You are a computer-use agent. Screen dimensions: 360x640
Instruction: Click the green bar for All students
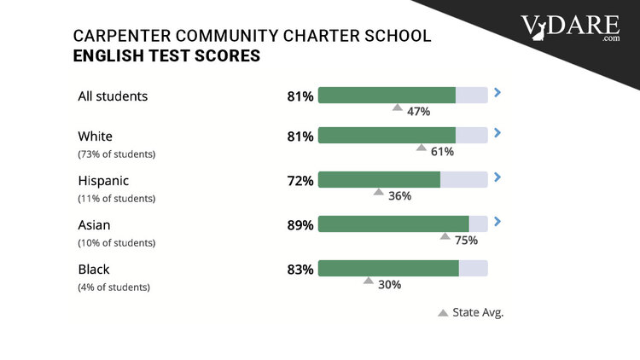[387, 96]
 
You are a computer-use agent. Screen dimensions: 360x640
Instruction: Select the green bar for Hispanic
[379, 180]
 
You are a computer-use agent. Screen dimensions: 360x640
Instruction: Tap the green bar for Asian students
[393, 224]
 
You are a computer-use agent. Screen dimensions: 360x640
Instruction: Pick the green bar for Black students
[388, 269]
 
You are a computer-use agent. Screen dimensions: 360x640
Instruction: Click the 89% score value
[300, 225]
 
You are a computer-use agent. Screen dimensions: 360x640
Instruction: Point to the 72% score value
[300, 181]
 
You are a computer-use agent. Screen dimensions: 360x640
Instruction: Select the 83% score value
[300, 270]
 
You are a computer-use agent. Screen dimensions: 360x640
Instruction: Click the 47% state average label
[418, 111]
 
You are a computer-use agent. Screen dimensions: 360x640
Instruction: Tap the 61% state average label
[442, 151]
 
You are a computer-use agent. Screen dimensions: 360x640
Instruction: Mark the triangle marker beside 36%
[379, 192]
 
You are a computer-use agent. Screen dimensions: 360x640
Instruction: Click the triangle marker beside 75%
[445, 236]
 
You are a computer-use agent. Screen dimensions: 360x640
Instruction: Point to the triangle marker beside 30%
[368, 280]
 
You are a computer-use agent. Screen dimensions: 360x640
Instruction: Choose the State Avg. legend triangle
[443, 313]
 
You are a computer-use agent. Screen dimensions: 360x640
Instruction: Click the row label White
[95, 136]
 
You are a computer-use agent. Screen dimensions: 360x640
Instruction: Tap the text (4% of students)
[113, 287]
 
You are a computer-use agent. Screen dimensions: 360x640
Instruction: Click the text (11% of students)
[116, 198]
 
